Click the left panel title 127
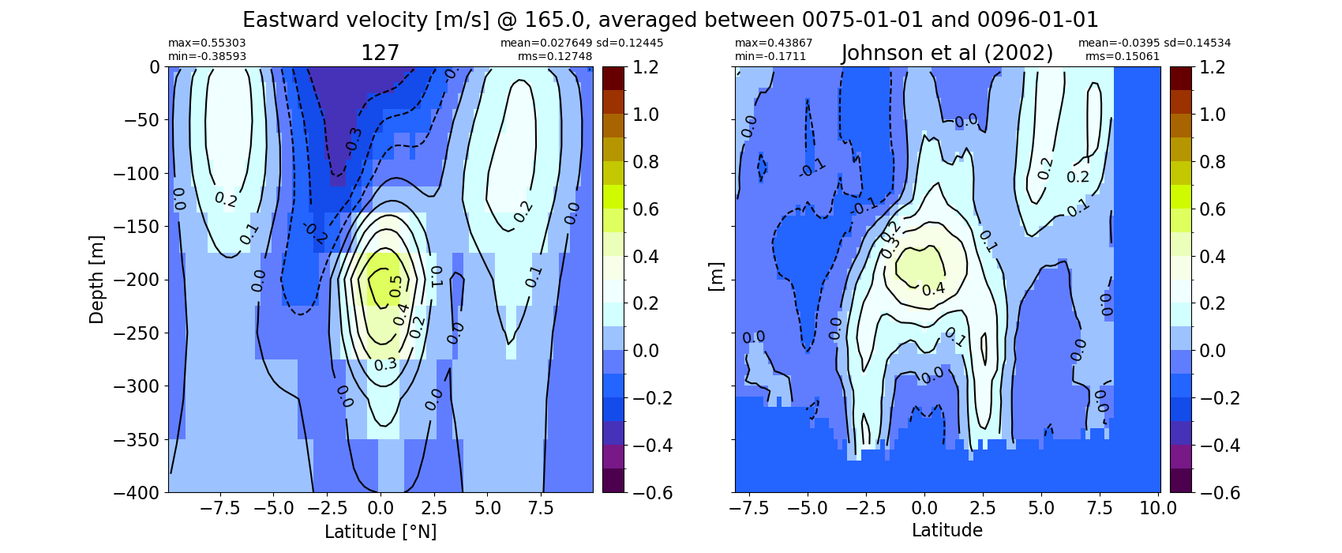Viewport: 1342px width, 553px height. click(380, 54)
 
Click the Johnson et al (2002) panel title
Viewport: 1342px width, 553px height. click(947, 54)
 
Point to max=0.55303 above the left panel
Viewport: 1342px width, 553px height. click(207, 43)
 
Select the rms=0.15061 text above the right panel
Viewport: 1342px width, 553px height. click(1122, 56)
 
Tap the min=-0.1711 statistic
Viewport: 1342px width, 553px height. click(770, 56)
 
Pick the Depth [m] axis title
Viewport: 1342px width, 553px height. click(96, 280)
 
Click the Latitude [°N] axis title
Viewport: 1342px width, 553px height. click(380, 532)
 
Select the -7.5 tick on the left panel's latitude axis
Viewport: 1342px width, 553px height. click(220, 509)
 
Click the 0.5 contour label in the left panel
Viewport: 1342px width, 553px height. click(395, 286)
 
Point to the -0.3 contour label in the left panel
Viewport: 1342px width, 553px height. click(351, 139)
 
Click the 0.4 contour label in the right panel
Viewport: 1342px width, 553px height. click(933, 289)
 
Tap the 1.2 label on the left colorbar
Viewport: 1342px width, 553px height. click(646, 67)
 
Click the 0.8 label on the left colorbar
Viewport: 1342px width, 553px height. click(646, 162)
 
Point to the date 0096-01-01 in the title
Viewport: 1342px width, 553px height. click(1037, 20)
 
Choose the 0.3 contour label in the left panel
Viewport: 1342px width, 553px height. click(385, 364)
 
